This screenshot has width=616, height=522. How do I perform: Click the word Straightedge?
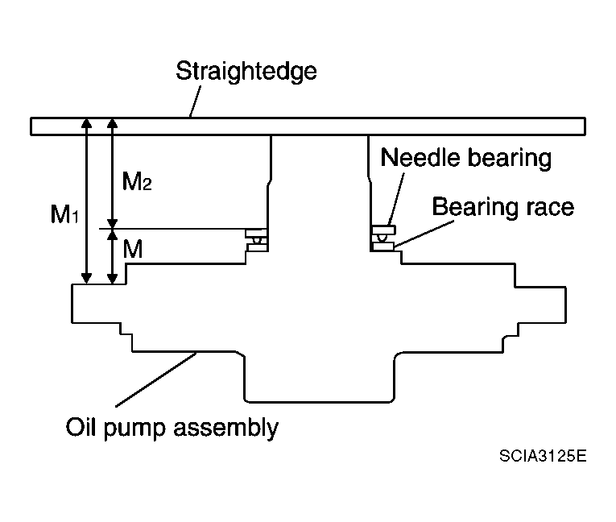point(246,72)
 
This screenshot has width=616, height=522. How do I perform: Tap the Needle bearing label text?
point(466,158)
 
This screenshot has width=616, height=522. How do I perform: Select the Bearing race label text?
point(502,207)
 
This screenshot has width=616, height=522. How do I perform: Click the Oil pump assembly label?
point(172,427)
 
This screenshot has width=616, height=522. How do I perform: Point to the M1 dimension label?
point(65,214)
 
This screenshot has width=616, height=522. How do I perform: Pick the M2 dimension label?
point(137,181)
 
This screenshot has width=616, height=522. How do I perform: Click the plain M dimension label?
point(133,249)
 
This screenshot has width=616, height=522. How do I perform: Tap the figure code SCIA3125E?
point(543,456)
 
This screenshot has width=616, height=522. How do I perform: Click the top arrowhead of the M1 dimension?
point(86,122)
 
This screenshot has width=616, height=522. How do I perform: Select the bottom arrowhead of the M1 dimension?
point(86,278)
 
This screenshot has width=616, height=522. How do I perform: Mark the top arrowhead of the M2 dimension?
point(113,122)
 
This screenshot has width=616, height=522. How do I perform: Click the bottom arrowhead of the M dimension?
point(113,278)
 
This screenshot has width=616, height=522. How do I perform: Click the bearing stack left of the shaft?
point(257,240)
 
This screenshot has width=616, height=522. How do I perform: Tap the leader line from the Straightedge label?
point(195,101)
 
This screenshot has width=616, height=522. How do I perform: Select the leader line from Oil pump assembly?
point(156,379)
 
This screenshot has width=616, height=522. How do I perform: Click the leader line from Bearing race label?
point(424,234)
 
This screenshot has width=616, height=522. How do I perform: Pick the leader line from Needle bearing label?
point(396,199)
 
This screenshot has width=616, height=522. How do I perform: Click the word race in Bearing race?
point(550,209)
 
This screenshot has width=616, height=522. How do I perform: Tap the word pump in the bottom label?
point(134,429)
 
